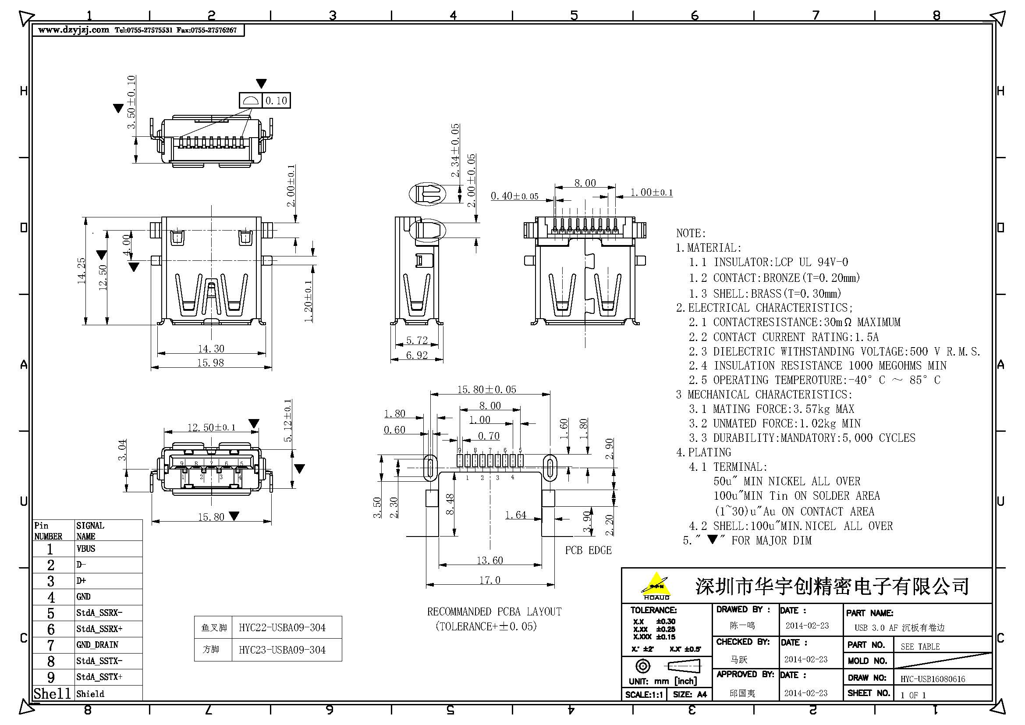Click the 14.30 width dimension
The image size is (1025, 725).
pyautogui.click(x=211, y=348)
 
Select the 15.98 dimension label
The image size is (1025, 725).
pyautogui.click(x=210, y=362)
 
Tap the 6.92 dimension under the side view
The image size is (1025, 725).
pyautogui.click(x=416, y=355)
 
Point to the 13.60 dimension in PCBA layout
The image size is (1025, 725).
pyautogui.click(x=490, y=560)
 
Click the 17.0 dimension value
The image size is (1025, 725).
pyautogui.click(x=490, y=580)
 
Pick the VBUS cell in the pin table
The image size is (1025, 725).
pyautogui.click(x=86, y=549)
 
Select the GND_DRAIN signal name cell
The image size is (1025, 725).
pyautogui.click(x=97, y=645)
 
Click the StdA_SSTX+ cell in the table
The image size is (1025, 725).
pyautogui.click(x=99, y=677)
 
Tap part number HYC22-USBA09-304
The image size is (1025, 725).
pyautogui.click(x=282, y=627)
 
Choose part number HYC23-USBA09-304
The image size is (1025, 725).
pyautogui.click(x=282, y=650)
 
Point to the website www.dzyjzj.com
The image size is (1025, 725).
pyautogui.click(x=74, y=30)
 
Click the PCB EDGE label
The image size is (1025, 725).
pyautogui.click(x=588, y=550)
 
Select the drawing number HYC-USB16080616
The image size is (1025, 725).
pyautogui.click(x=933, y=679)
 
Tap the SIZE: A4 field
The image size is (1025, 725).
pyautogui.click(x=690, y=694)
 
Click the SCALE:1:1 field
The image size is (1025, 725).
pyautogui.click(x=643, y=694)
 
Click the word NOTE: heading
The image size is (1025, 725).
pyautogui.click(x=691, y=233)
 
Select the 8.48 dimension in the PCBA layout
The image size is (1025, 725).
pyautogui.click(x=450, y=504)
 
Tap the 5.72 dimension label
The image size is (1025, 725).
pyautogui.click(x=416, y=340)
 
